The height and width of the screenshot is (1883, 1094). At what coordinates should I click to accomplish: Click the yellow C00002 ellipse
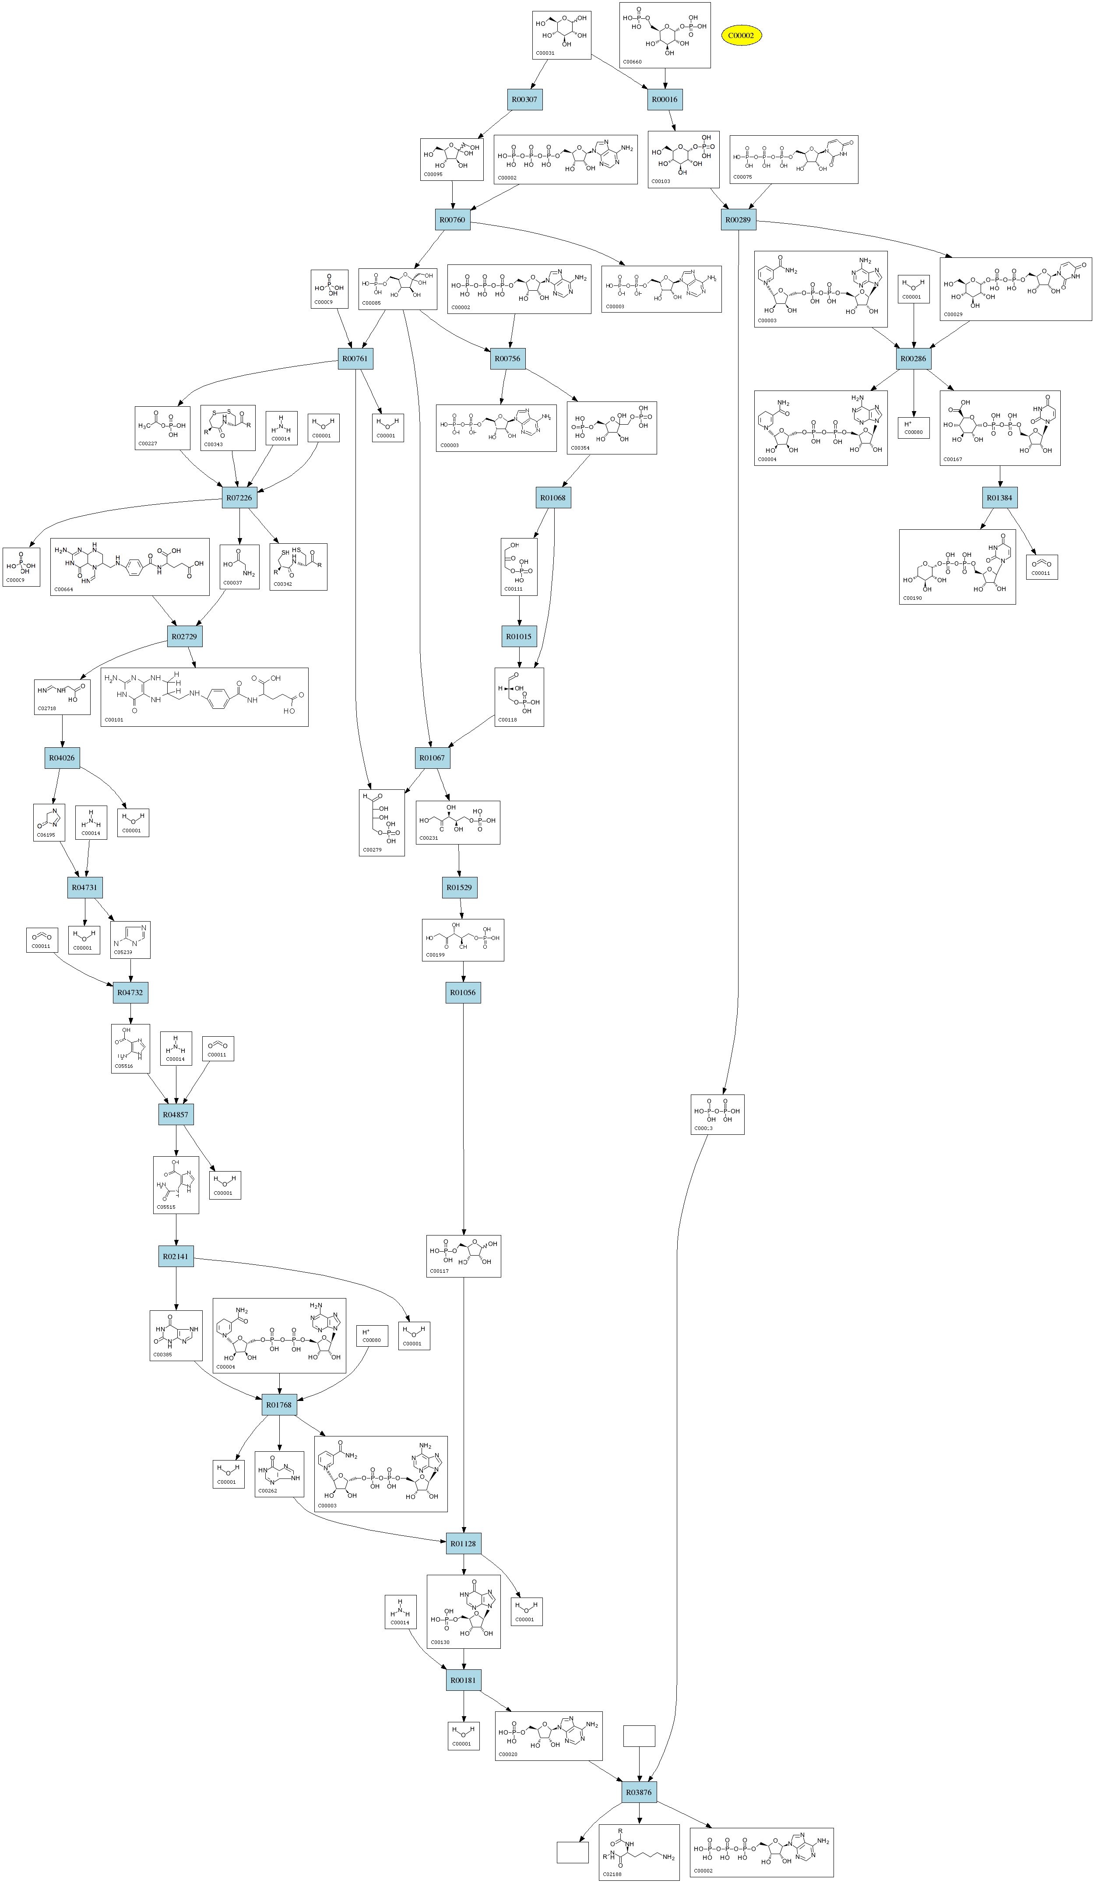[x=741, y=35]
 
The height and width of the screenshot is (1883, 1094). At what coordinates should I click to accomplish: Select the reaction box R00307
[x=524, y=99]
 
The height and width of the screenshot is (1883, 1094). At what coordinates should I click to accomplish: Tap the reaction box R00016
[x=664, y=99]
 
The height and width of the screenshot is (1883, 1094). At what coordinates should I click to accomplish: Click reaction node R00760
[x=452, y=220]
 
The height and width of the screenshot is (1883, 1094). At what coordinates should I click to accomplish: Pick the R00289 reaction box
[x=738, y=220]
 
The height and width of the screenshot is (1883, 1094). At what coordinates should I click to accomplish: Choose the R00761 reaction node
[x=355, y=359]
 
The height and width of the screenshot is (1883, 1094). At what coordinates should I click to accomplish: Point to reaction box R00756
[x=507, y=359]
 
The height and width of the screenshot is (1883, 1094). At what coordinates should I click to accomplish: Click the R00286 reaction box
[x=913, y=359]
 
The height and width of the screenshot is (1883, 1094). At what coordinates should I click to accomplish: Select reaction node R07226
[x=239, y=498]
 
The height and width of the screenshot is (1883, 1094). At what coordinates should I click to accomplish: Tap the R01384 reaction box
[x=1000, y=498]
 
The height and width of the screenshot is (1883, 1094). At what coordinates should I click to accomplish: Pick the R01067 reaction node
[x=432, y=758]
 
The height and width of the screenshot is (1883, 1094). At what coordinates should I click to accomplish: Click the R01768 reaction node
[x=279, y=1405]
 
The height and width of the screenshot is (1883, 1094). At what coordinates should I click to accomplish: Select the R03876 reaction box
[x=639, y=1792]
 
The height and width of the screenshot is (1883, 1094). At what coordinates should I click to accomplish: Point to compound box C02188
[x=639, y=1851]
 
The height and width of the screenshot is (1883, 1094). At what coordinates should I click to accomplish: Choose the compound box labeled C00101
[x=204, y=697]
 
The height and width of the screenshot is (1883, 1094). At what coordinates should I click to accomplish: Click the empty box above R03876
[x=639, y=1736]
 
